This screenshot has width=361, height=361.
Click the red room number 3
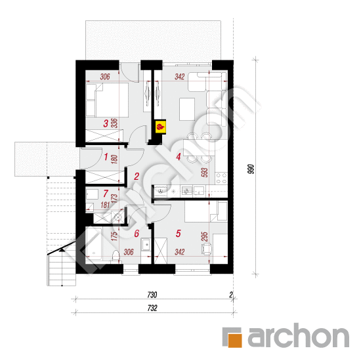tap(106, 123)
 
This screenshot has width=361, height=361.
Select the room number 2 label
tap(136, 176)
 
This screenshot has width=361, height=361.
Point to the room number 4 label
tap(178, 157)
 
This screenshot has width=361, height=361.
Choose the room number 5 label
tap(178, 232)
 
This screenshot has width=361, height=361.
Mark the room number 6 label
tap(137, 233)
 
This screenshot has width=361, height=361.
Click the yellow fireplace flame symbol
tap(160, 124)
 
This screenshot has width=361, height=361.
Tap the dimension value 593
tap(205, 173)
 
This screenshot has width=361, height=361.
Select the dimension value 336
tap(114, 122)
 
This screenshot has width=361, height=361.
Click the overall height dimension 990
tap(250, 168)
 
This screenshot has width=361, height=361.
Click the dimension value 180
tap(114, 158)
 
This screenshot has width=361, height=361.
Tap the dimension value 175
tap(114, 236)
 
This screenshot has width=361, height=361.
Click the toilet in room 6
tap(116, 255)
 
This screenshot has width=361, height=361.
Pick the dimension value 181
tap(106, 205)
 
